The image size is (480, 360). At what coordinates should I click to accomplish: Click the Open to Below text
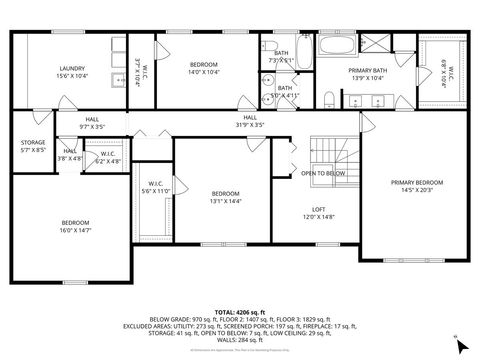(x=323, y=172)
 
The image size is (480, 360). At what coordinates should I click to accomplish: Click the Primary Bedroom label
(x=416, y=182)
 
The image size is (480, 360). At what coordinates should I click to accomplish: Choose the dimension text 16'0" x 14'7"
(x=76, y=230)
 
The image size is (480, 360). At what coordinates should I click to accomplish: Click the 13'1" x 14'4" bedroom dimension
(x=225, y=201)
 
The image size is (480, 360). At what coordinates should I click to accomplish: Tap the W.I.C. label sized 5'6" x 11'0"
(x=155, y=187)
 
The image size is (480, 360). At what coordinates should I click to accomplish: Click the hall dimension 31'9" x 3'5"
(x=247, y=125)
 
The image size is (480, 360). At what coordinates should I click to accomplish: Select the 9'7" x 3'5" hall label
(x=92, y=125)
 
